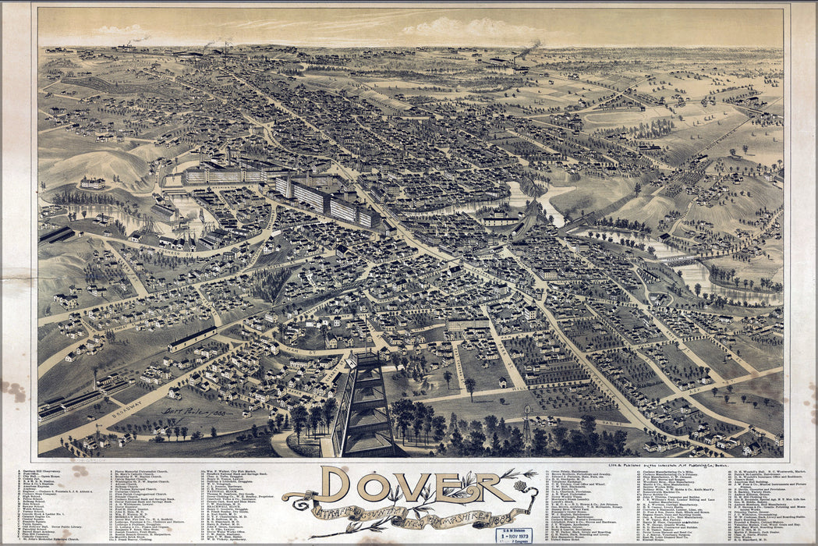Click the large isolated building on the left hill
pyautogui.click(x=92, y=183)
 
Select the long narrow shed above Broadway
pyautogui.click(x=192, y=338)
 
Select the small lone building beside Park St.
pyautogui.click(x=503, y=382)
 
